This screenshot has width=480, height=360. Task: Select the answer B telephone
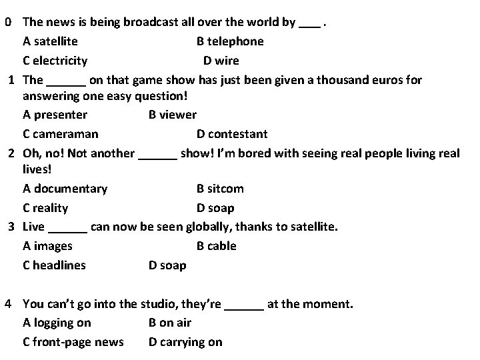230,41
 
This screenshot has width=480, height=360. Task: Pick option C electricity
55,61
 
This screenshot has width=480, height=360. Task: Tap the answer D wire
221,61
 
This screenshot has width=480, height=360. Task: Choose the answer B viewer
172,115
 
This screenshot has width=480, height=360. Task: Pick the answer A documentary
65,189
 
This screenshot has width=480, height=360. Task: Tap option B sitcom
220,189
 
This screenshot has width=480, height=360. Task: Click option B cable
217,246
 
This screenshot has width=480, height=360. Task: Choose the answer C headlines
54,265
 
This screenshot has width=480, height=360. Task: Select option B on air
170,323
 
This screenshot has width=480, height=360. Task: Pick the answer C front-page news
73,342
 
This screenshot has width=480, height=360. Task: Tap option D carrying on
185,342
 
